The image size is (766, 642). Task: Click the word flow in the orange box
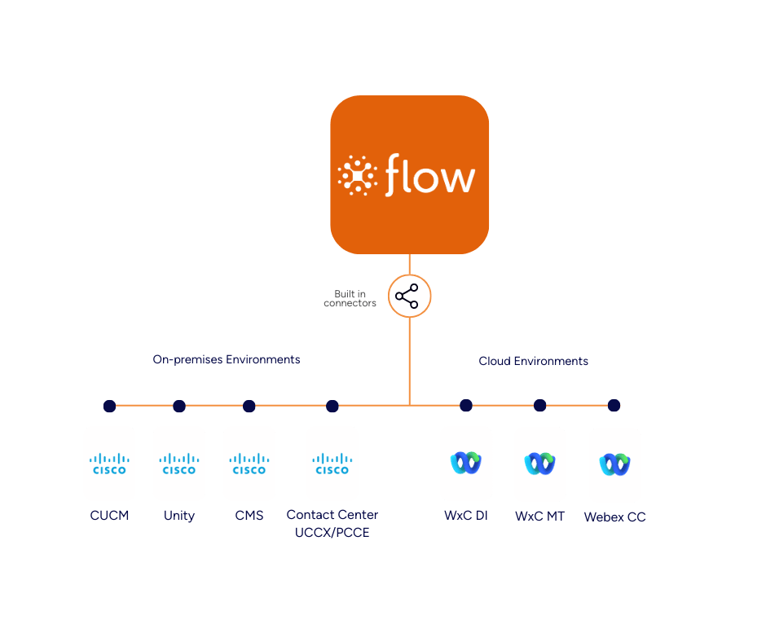click(429, 175)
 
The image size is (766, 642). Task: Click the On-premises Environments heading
click(226, 359)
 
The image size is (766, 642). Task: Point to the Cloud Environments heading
click(533, 361)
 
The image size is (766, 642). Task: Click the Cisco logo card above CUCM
click(109, 464)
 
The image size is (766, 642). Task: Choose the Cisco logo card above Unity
click(179, 464)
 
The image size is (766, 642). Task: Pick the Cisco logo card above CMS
click(249, 464)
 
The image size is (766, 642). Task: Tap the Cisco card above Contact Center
click(332, 464)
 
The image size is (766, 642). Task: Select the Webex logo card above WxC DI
click(465, 463)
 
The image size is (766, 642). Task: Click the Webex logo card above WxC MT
click(539, 464)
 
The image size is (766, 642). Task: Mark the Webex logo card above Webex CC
click(614, 465)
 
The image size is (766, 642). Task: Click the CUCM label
click(109, 515)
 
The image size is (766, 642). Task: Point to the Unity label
click(179, 516)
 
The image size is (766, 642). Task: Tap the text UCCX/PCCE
click(332, 532)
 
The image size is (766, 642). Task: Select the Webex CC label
click(614, 517)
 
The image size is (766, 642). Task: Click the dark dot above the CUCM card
click(109, 406)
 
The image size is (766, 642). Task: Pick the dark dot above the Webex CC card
click(614, 405)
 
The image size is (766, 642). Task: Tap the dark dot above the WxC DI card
click(465, 405)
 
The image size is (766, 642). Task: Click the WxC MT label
click(539, 517)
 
